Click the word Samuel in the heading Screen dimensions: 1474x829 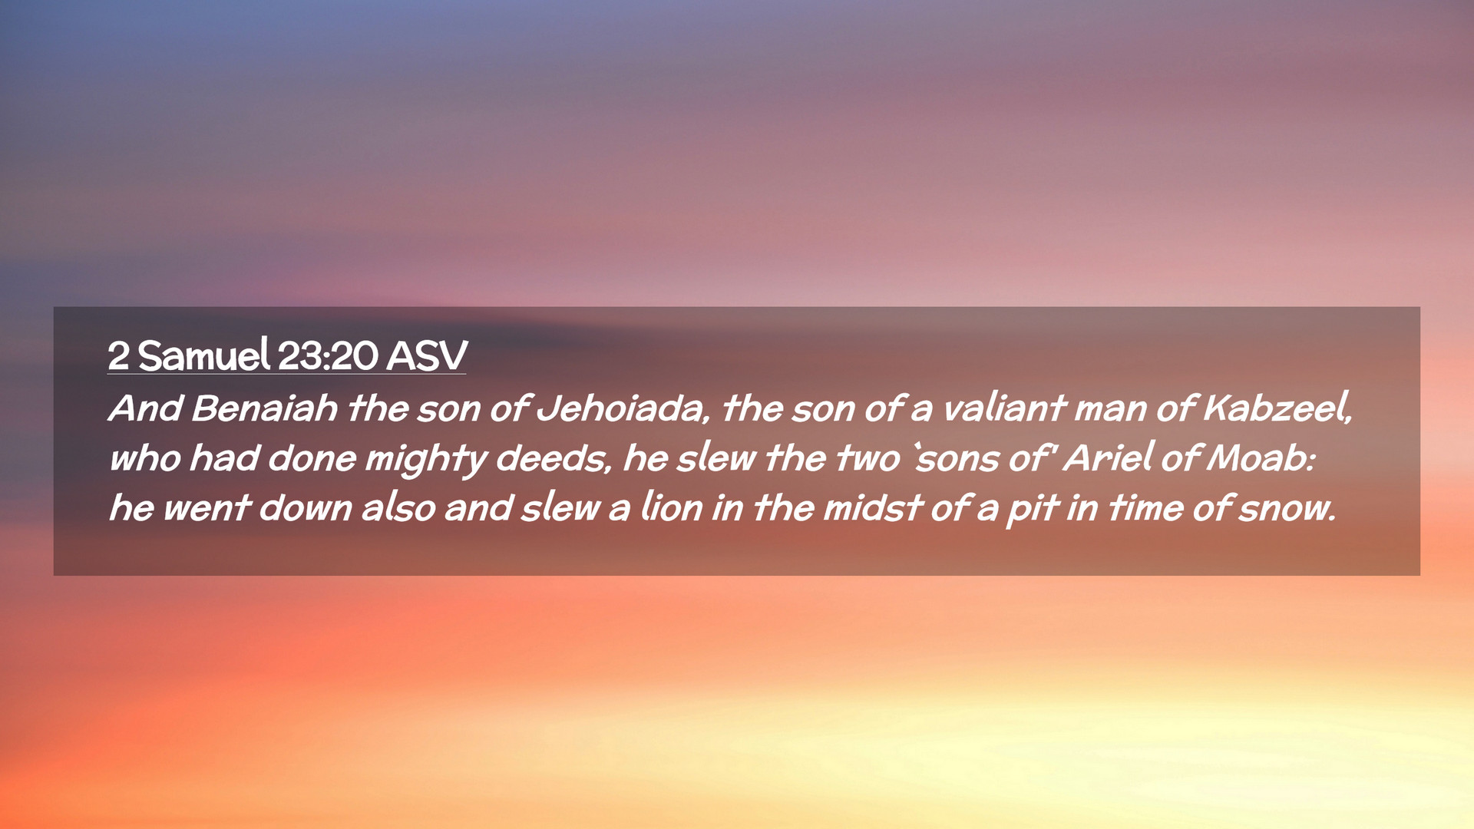tap(204, 355)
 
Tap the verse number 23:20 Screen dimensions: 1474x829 tap(328, 356)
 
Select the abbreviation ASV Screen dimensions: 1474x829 tap(427, 356)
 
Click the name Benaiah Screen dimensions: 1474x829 tap(265, 408)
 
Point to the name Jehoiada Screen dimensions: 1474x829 tap(619, 408)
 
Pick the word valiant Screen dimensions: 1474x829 tap(1004, 408)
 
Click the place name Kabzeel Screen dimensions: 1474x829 tap(1277, 407)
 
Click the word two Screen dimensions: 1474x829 tap(868, 458)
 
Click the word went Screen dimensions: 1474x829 tap(207, 508)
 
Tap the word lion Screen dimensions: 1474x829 tap(672, 507)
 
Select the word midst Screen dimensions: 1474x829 tap(872, 507)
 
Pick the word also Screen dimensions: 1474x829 tap(398, 507)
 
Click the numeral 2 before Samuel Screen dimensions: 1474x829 tap(118, 356)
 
